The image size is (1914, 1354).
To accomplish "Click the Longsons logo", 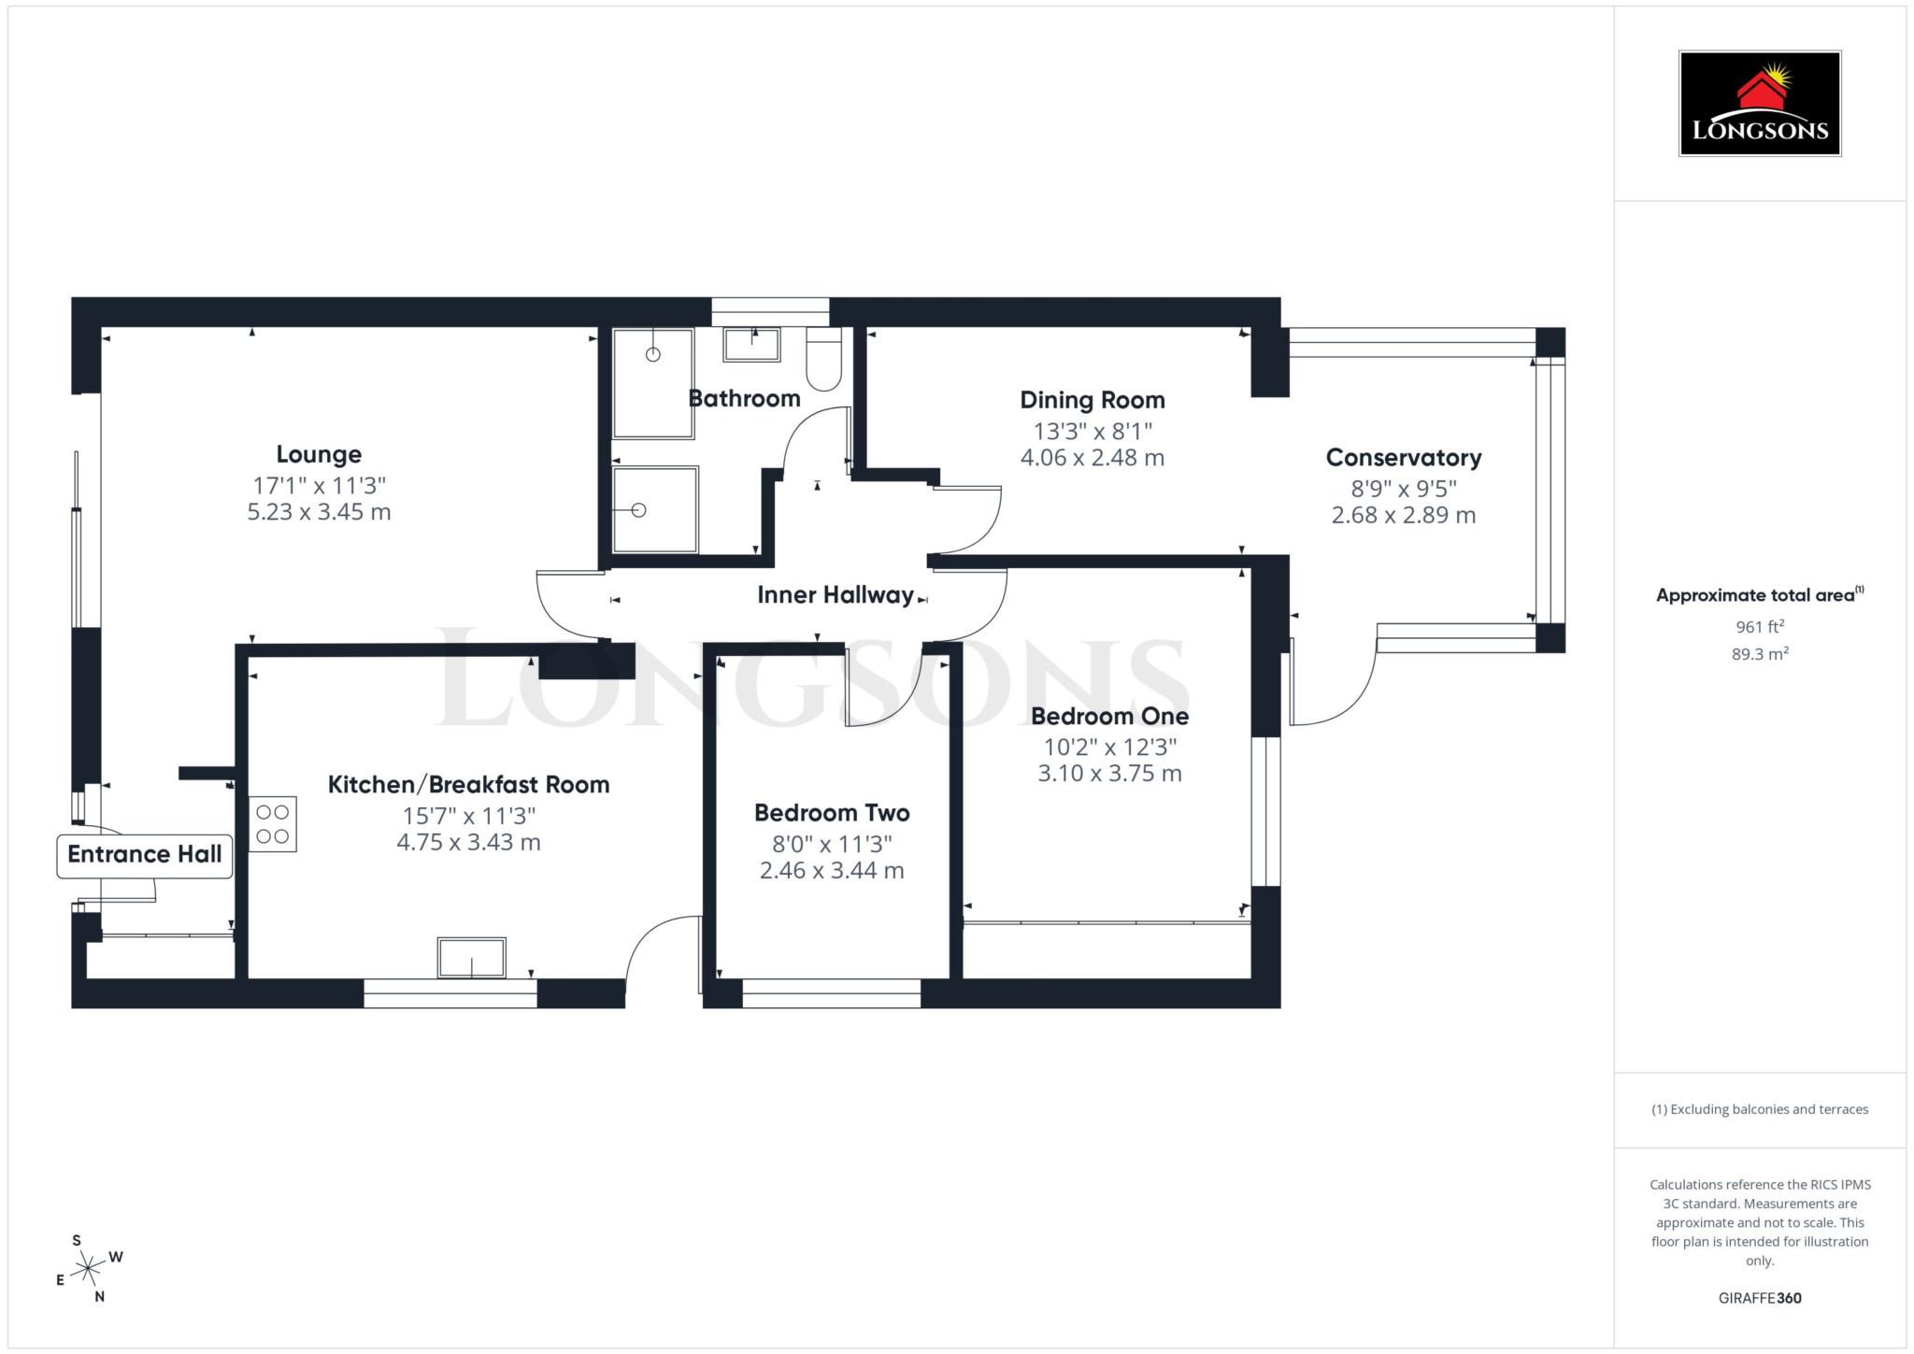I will pos(1759,103).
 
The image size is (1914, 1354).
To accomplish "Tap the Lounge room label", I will pos(319,454).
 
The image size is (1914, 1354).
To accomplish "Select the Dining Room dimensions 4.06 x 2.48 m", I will pos(1092,458).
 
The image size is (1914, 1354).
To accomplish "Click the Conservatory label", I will pos(1403,458).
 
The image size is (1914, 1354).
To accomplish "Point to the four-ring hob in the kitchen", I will pos(272,824).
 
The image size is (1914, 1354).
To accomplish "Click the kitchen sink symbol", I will pos(471,958).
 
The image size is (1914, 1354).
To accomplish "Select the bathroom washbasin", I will pos(751,344).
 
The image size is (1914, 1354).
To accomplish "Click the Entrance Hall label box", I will pos(145,854).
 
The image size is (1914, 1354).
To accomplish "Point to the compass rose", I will pos(89,1269).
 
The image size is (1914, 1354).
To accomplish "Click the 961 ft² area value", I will pos(1759,626).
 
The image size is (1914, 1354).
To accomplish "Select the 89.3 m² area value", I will pos(1759,654).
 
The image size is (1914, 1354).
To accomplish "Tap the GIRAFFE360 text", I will pos(1759,1298).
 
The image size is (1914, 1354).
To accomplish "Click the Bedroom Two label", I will pos(832,813).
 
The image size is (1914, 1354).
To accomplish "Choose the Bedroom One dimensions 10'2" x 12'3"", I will pos(1109,747).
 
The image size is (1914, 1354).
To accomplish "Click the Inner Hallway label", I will pos(835,595).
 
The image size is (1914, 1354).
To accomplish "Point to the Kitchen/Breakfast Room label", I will pos(468,785).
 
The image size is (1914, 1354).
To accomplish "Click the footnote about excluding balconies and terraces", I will pos(1759,1109).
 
